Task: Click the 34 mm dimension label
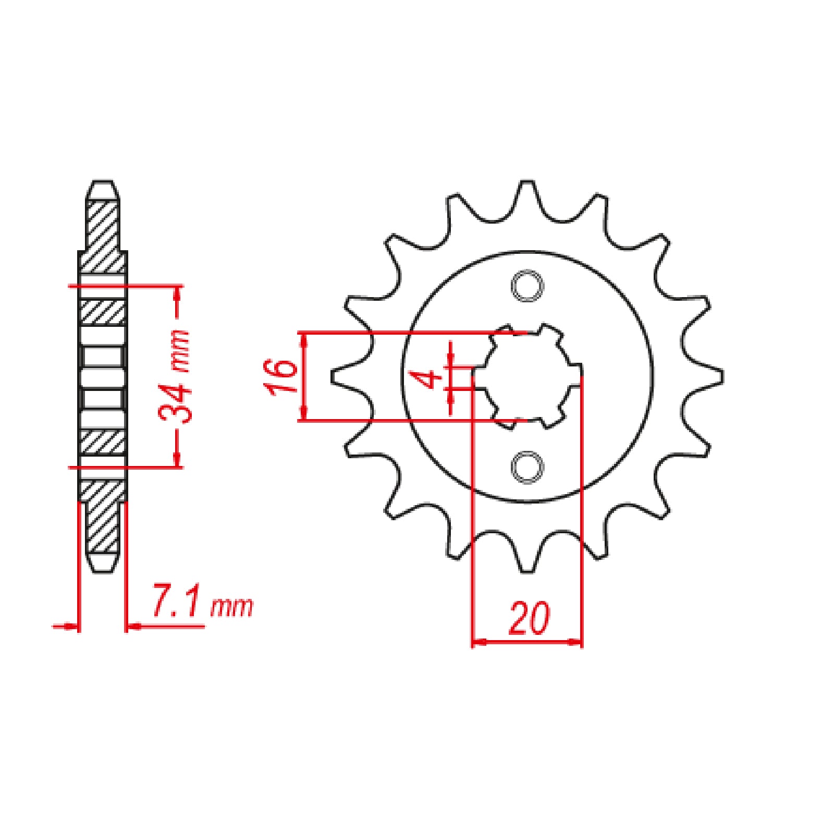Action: point(175,376)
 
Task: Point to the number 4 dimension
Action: point(429,378)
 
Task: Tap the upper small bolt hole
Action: point(527,286)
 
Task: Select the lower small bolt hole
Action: point(527,467)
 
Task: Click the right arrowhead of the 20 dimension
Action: point(576,642)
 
